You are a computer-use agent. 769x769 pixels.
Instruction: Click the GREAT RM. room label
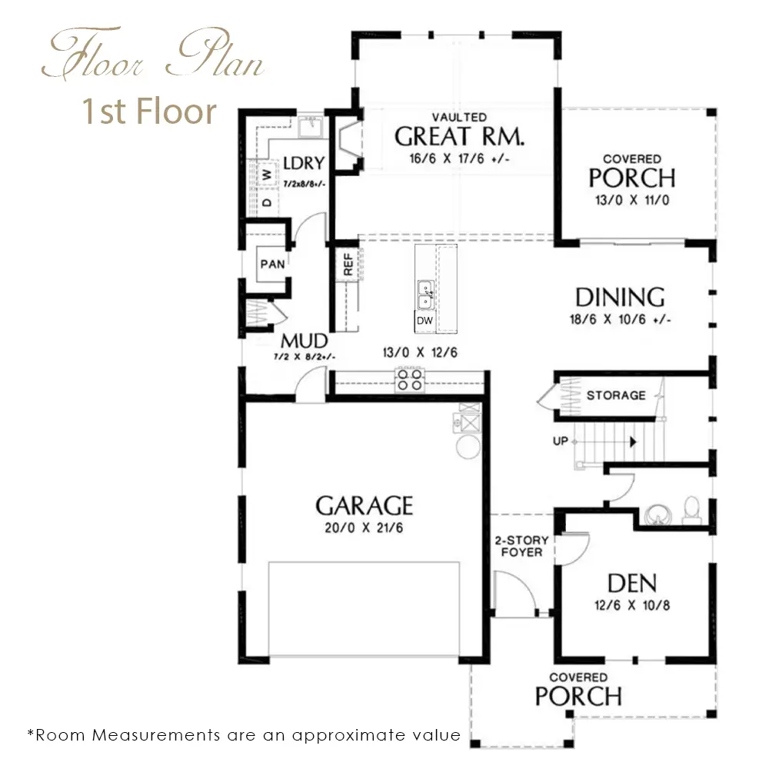coord(459,136)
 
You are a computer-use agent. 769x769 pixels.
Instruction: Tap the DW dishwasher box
coord(424,321)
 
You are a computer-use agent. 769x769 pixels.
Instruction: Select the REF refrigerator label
coord(348,265)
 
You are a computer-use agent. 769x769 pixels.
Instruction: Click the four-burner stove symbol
coord(410,380)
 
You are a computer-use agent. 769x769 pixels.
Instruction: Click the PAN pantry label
coord(273,265)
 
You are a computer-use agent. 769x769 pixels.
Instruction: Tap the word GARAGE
coord(364,506)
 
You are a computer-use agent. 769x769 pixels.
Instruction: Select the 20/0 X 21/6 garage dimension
coord(364,528)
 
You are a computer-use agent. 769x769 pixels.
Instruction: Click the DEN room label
coord(631,583)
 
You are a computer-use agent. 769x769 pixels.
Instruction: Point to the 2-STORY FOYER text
coord(522,546)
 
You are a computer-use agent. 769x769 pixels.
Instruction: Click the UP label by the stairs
coord(561,441)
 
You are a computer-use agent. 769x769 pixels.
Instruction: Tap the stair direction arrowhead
coord(633,442)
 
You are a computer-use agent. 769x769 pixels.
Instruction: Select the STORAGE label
coord(616,395)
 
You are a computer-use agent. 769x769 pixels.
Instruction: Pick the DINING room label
coord(620,298)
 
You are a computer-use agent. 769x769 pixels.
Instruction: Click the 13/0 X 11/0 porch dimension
coord(632,200)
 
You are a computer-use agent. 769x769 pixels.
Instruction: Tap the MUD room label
coord(304,341)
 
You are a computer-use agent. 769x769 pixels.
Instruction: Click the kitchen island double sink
coord(425,295)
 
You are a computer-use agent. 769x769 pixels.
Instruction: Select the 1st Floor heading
coord(149,112)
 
